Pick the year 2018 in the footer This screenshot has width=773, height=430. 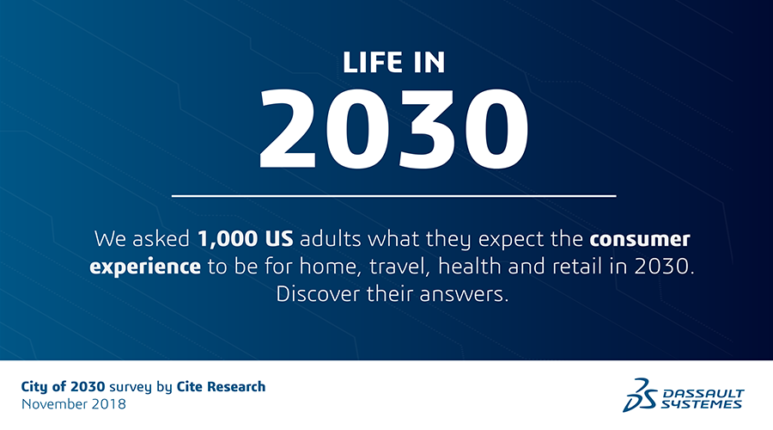point(110,403)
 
